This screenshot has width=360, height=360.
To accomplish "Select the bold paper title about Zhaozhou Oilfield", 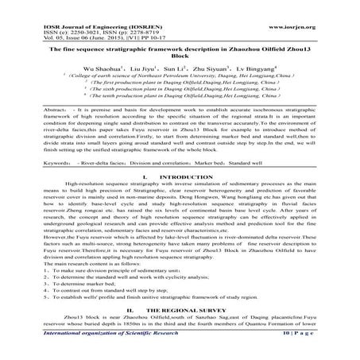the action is pos(180,52).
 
